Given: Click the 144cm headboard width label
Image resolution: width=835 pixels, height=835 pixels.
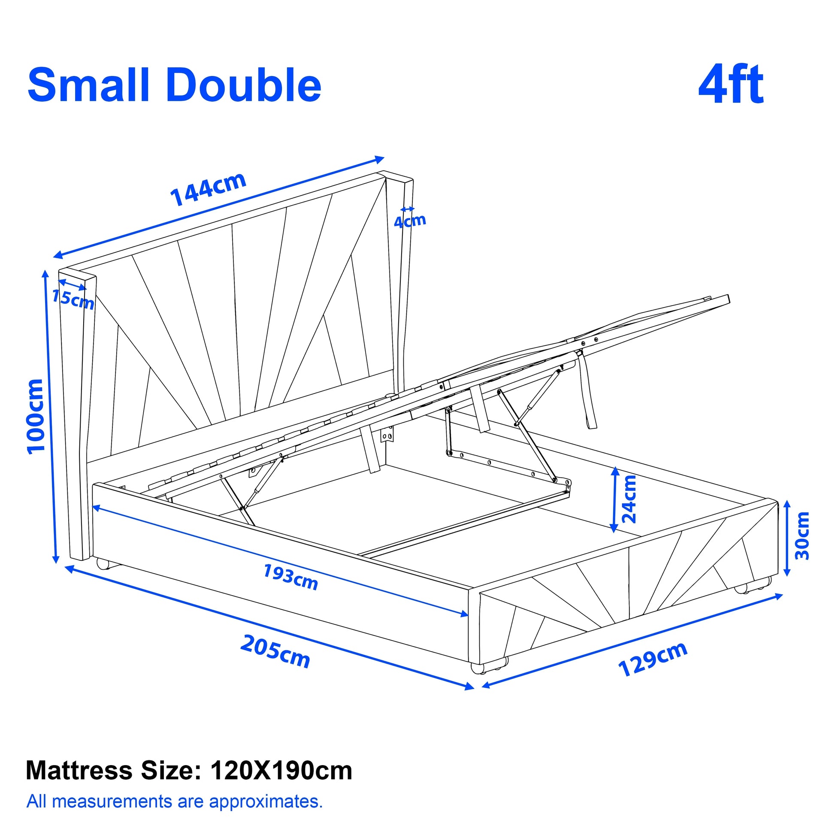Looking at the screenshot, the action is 208,189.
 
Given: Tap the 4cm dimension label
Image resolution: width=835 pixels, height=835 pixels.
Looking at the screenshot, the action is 410,221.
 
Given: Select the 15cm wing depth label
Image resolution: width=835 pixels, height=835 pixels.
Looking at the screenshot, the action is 73,299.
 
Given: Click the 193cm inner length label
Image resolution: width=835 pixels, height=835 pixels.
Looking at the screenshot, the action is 291,578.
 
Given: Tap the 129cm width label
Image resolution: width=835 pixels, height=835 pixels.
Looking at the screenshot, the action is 653,659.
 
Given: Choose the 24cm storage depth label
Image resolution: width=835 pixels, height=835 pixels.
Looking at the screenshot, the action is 629,499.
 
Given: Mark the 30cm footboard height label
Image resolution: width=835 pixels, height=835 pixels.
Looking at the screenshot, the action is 802,535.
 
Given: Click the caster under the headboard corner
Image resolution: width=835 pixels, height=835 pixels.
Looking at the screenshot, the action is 104,563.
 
